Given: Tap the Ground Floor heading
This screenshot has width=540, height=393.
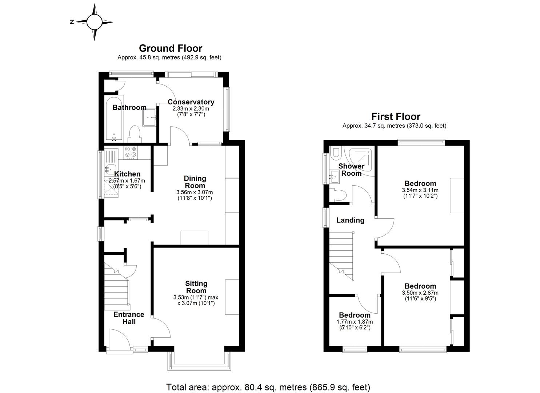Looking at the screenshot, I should point(171,48).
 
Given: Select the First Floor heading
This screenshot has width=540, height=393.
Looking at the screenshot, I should point(396,116).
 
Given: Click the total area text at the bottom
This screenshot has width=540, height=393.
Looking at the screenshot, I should point(268,387).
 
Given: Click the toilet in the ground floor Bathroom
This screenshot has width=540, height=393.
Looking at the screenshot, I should point(134,134).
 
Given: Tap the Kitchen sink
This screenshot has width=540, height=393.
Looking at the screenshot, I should point(111,169).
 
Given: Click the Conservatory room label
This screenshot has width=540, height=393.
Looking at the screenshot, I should point(191,102).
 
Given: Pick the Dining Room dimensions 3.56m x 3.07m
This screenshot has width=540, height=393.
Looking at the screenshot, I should point(194,192).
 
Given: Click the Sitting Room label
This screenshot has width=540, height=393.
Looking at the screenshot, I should point(196,287).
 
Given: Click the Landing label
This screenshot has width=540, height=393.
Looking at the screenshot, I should point(350,220).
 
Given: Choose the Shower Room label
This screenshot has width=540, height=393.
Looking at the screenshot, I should point(351,170).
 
